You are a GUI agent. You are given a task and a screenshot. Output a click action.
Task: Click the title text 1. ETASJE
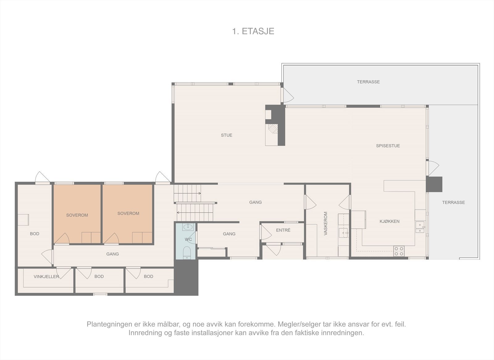click(x=253, y=31)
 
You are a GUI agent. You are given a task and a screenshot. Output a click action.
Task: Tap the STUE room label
click(x=226, y=135)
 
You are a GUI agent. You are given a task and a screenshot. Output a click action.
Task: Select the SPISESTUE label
click(x=388, y=146)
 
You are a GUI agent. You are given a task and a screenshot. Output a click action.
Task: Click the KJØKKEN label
click(x=389, y=221)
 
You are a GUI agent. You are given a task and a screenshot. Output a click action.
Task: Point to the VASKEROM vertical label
click(x=325, y=224)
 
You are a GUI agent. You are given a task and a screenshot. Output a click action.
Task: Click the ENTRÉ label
click(x=283, y=230)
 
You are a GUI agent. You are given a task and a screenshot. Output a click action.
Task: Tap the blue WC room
click(x=186, y=241)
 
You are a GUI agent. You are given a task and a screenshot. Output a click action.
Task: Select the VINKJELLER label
click(x=46, y=276)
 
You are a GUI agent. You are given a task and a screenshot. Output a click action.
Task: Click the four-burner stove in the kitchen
click(x=399, y=251)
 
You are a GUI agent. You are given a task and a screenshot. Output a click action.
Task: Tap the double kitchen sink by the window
click(x=420, y=227)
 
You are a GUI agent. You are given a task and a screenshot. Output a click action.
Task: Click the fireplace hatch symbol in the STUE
click(x=272, y=128)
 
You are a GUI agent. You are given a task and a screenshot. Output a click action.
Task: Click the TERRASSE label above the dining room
click(x=368, y=82)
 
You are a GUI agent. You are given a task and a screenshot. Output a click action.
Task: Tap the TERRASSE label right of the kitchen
click(x=453, y=202)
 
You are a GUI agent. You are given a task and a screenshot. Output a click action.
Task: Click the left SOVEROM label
click(x=77, y=215)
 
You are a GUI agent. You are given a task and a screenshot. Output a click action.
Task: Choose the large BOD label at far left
click(x=35, y=234)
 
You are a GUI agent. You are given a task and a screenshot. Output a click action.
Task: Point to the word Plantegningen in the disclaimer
click(x=107, y=324)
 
